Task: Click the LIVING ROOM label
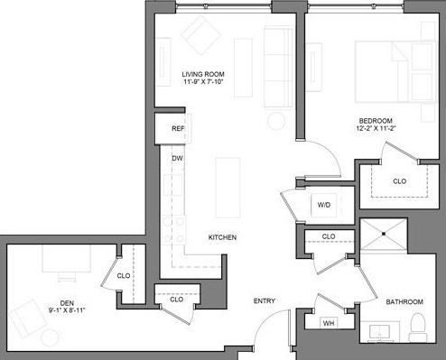202,74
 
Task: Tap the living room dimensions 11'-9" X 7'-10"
202,83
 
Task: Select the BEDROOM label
373,120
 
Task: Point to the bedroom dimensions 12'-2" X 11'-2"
373,129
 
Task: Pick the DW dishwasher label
179,159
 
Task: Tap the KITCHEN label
222,237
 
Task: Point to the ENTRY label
264,301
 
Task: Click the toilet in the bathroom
417,324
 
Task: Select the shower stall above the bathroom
384,238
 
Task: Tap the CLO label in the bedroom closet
399,181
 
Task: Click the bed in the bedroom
390,72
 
